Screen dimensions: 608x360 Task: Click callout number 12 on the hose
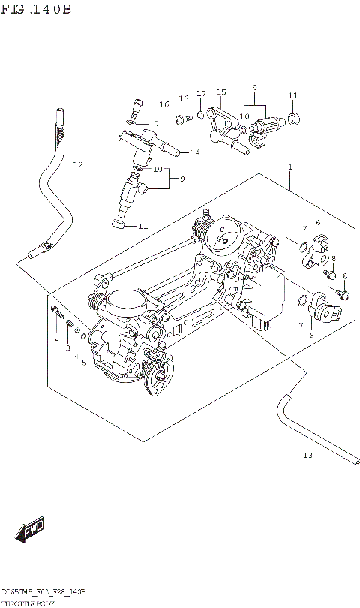point(77,164)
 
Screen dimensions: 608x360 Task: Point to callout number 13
point(306,454)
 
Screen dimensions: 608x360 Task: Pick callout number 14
point(194,152)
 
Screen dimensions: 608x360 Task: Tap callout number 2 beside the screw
point(55,339)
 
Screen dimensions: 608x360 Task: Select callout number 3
point(68,348)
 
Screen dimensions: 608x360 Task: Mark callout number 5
point(84,363)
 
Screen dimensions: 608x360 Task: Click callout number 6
point(317,223)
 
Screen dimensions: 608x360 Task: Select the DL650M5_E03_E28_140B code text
point(43,593)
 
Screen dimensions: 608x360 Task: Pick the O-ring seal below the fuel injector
point(118,223)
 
